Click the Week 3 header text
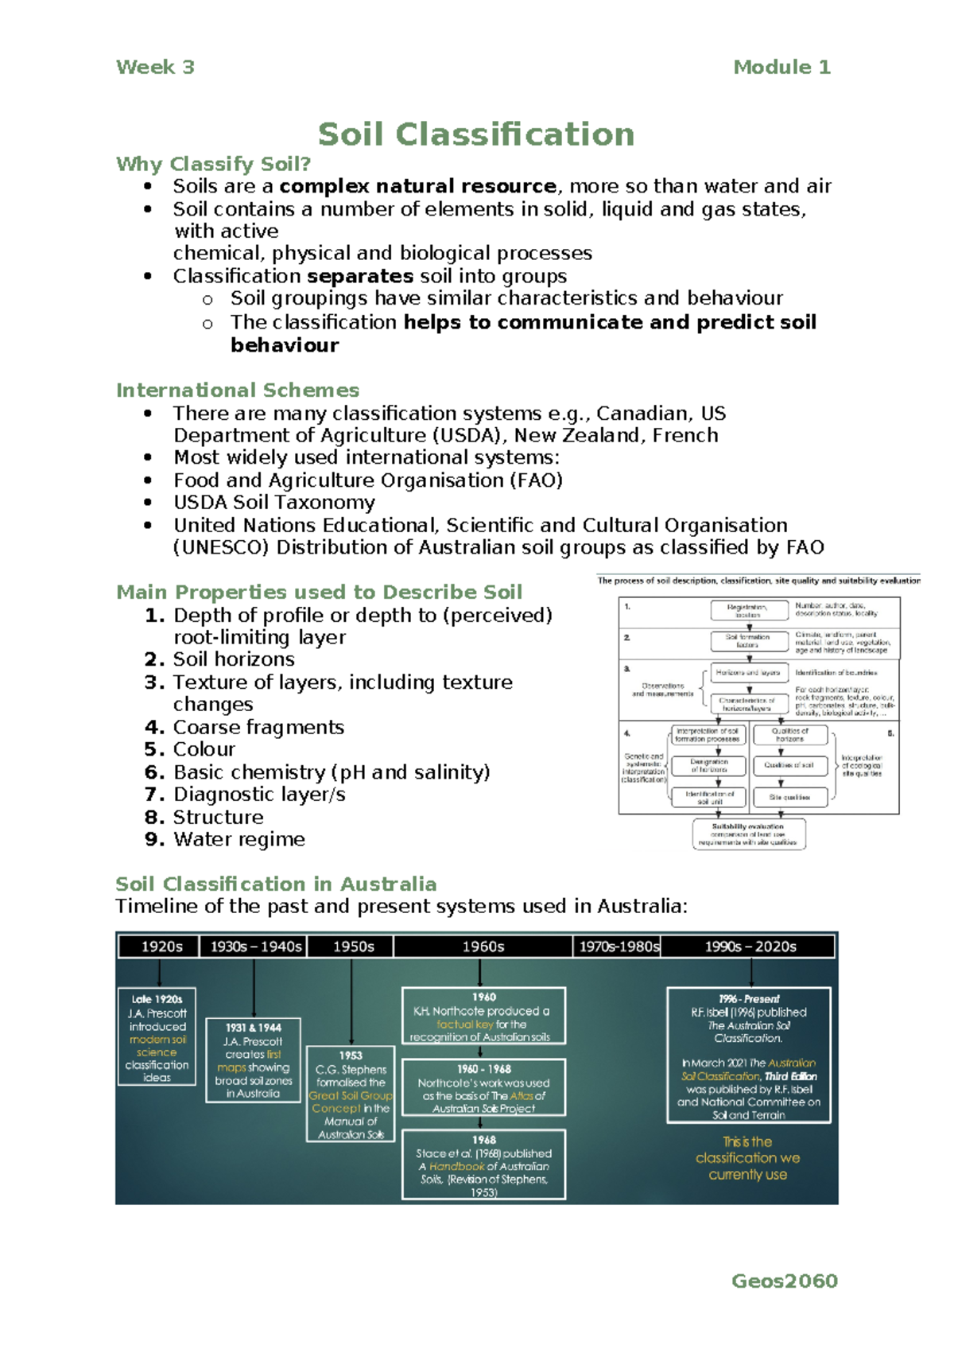point(155,68)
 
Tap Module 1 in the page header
point(781,68)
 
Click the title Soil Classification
point(476,134)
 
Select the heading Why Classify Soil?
point(213,164)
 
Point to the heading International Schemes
point(238,391)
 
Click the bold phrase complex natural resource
point(417,186)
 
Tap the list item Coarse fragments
point(258,727)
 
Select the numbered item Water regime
point(238,839)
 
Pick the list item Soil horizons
point(234,659)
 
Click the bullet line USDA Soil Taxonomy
point(274,503)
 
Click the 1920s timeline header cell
point(161,947)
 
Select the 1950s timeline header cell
point(353,947)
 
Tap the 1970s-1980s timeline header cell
point(619,947)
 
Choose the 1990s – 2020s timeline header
point(750,947)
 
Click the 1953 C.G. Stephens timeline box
point(351,1094)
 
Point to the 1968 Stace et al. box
point(483,1164)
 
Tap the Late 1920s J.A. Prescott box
point(157,1037)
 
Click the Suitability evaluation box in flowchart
point(748,834)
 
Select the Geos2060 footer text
point(784,1281)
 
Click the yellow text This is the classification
point(747,1158)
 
